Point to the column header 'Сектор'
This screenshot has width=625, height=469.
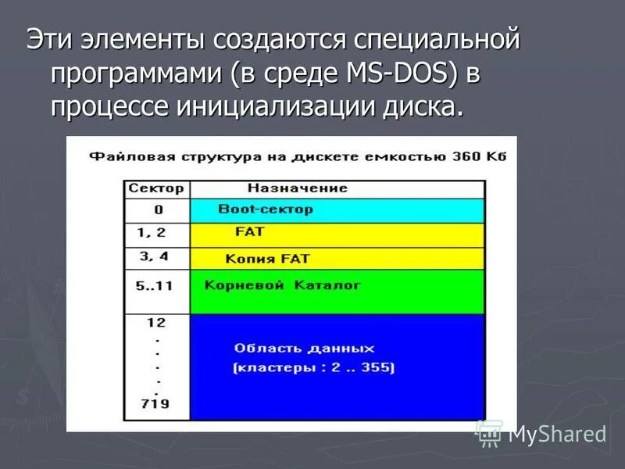point(156,188)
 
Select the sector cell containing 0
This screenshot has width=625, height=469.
point(158,209)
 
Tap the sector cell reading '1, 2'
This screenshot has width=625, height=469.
point(151,232)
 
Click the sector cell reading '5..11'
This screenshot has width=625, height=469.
point(154,285)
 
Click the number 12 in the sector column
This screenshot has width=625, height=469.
point(156,322)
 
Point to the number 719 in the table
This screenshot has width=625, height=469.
point(156,404)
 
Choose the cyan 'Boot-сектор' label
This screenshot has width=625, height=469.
point(265,209)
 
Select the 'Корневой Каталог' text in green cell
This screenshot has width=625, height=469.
point(282,285)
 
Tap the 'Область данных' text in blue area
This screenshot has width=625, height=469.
point(305,349)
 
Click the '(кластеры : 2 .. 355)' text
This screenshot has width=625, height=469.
point(313,367)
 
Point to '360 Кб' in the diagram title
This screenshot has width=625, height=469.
point(480,156)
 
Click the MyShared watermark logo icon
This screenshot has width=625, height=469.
point(490,432)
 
